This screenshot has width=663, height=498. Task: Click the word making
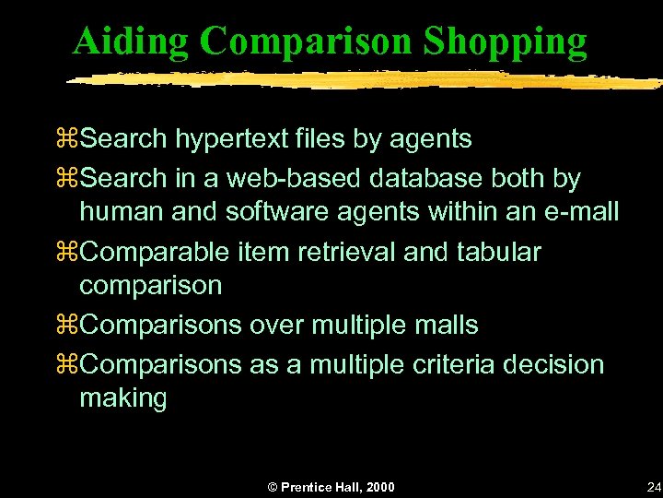pos(122,399)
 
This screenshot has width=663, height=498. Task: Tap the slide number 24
pos(654,486)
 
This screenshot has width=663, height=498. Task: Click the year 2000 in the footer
pos(378,487)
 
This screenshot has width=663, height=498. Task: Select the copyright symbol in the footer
pos(273,487)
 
